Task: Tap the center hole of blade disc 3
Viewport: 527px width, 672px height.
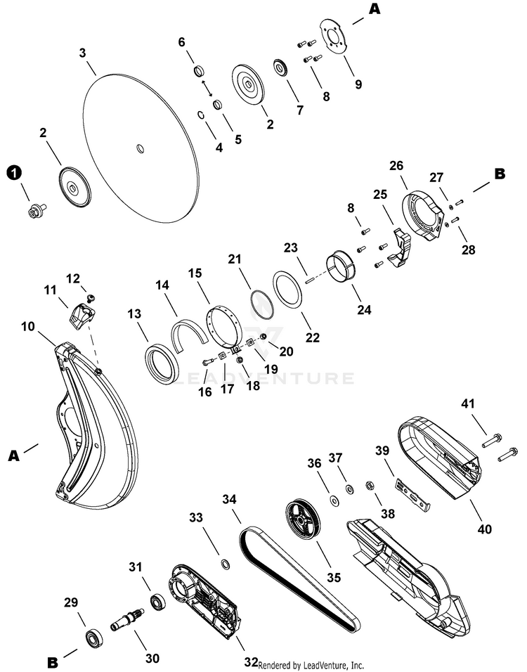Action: (x=140, y=148)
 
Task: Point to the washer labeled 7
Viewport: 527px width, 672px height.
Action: (x=280, y=70)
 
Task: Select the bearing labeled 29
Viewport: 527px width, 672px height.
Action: (x=92, y=638)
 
